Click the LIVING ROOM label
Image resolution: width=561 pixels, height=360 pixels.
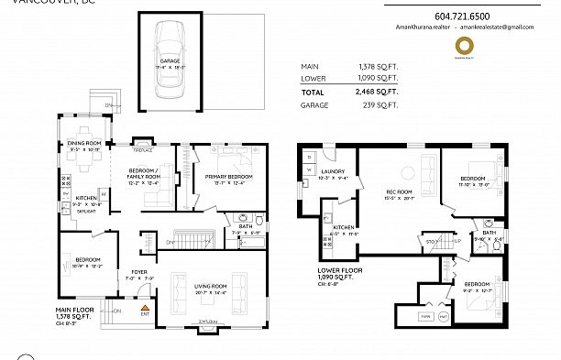click(x=210, y=286)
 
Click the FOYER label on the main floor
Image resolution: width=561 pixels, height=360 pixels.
click(x=138, y=272)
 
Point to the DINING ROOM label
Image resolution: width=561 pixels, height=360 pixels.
click(x=82, y=143)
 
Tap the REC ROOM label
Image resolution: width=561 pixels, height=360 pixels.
click(x=398, y=191)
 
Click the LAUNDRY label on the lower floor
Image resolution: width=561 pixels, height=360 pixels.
click(x=332, y=170)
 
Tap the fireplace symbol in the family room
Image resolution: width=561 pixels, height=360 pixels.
click(x=143, y=143)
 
